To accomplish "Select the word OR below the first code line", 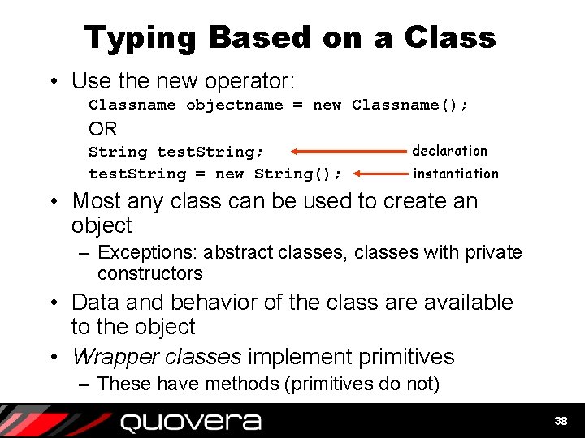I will click(x=103, y=129).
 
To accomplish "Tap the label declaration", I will click(x=449, y=151).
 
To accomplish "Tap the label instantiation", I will click(x=456, y=174).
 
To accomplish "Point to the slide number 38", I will click(x=561, y=421).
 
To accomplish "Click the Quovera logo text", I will click(x=191, y=422).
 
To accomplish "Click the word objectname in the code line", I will click(x=235, y=105).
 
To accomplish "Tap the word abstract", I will click(x=239, y=253).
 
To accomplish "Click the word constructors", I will click(x=149, y=274).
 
